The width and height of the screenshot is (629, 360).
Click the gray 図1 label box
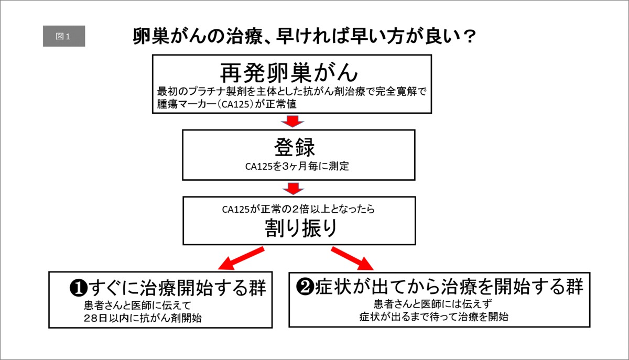(x=64, y=36)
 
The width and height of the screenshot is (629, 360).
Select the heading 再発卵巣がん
(x=289, y=72)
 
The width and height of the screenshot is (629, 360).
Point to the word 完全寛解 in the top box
(x=396, y=91)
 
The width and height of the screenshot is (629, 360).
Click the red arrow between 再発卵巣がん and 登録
(x=292, y=122)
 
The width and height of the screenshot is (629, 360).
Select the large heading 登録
(x=295, y=147)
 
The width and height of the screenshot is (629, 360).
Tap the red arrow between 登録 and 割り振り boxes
(x=293, y=189)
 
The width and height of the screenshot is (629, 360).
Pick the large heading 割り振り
(x=301, y=228)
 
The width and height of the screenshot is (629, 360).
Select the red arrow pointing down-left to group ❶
(x=241, y=258)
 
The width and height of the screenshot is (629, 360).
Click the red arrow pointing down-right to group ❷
(x=352, y=258)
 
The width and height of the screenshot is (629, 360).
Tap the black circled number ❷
(x=305, y=287)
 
